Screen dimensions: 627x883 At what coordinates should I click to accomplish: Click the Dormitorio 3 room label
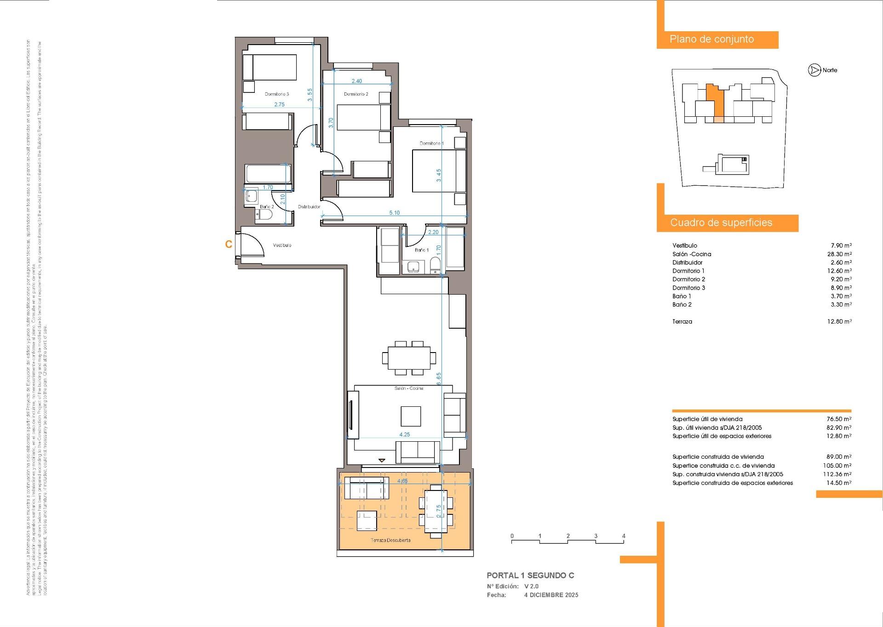[x=276, y=94]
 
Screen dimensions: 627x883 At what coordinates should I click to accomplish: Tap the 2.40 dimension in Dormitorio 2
[x=356, y=81]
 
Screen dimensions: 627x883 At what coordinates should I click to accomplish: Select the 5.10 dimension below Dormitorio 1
[x=394, y=213]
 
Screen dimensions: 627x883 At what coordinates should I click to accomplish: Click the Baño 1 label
[x=421, y=250]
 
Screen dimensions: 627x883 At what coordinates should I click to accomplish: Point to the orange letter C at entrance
[x=229, y=245]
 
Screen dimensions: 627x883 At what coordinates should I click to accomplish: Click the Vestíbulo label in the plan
[x=282, y=245]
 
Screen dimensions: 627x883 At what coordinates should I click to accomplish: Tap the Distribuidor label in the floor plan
[x=309, y=207]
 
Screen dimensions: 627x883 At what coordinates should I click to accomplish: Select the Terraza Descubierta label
[x=390, y=540]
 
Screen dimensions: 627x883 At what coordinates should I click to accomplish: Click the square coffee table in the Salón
[x=410, y=416]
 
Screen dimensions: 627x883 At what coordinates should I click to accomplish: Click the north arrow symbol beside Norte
[x=814, y=70]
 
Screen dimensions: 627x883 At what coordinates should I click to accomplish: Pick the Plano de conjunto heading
[x=711, y=40]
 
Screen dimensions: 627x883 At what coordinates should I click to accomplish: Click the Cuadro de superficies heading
[x=721, y=223]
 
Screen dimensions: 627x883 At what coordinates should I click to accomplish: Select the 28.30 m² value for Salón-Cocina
[x=839, y=254]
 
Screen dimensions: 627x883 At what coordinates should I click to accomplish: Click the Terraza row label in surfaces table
[x=682, y=322]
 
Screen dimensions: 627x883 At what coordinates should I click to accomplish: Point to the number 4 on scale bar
[x=624, y=536]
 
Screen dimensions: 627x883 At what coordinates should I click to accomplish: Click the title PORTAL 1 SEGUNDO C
[x=530, y=576]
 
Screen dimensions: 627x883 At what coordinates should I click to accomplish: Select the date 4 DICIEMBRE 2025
[x=551, y=595]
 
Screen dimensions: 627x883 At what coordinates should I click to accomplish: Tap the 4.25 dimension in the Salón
[x=404, y=434]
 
